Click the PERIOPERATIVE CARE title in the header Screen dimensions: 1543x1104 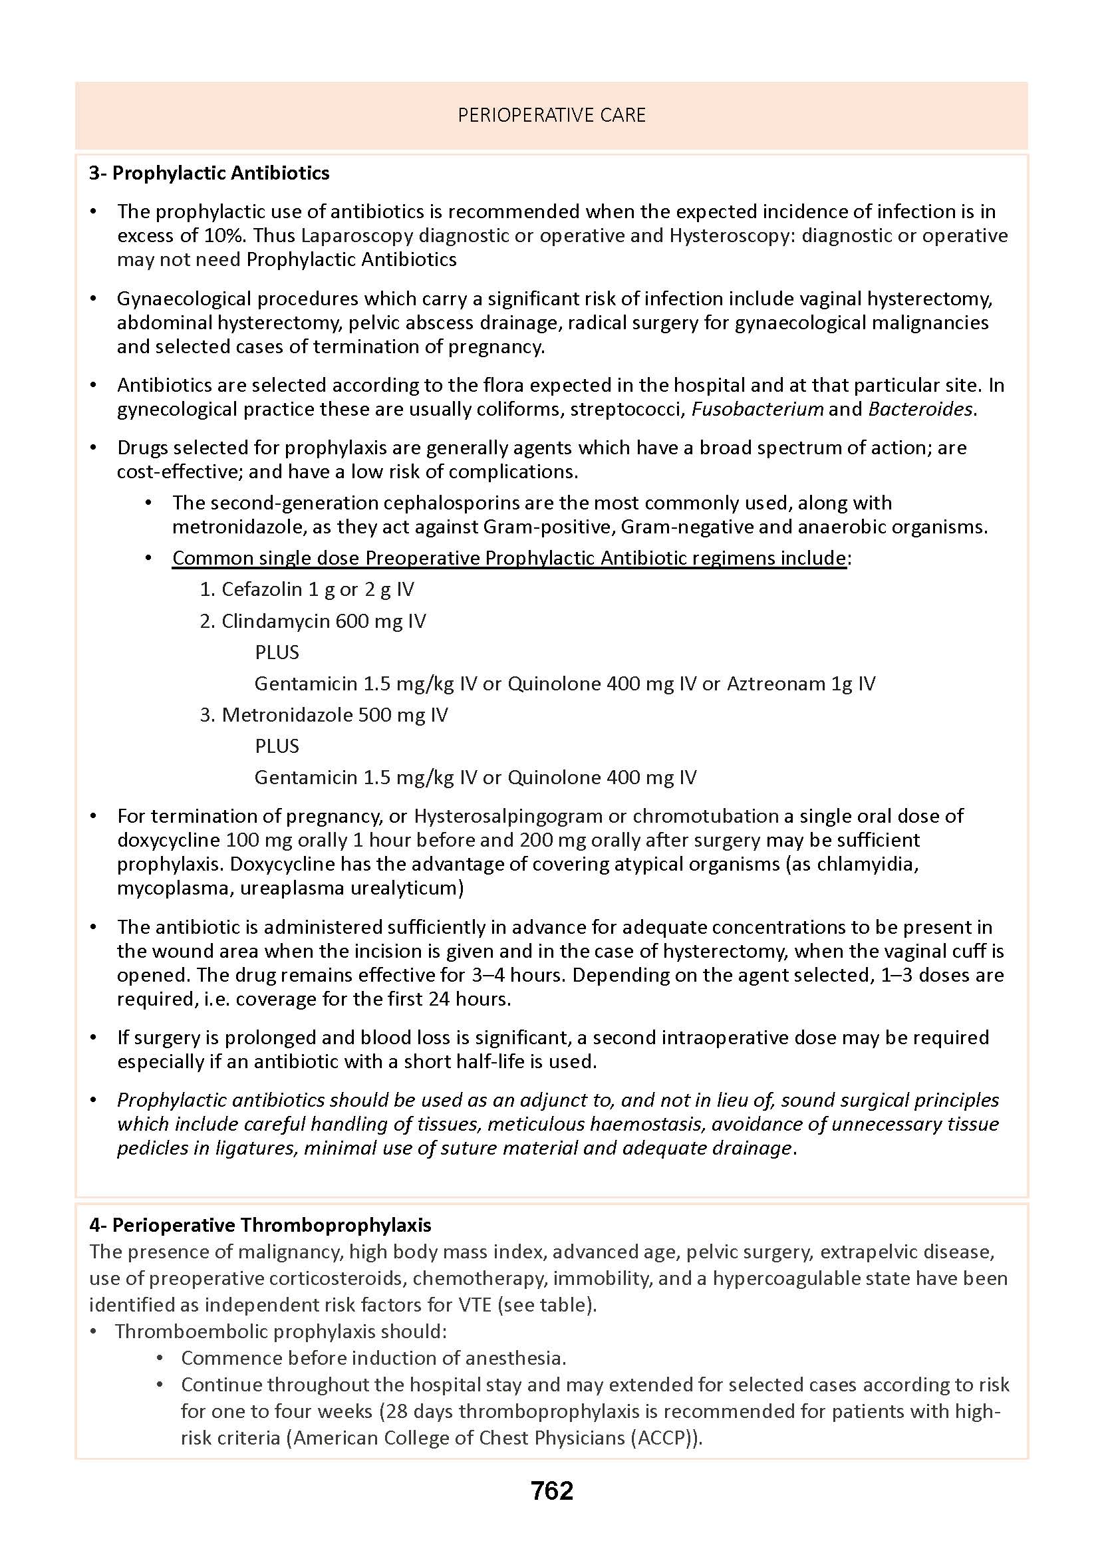(551, 116)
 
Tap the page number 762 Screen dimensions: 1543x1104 (552, 1490)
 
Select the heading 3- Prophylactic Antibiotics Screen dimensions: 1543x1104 (209, 174)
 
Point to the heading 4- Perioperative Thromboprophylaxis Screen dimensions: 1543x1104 (260, 1225)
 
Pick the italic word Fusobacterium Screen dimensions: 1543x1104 (758, 409)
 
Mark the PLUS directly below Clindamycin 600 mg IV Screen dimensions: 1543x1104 (277, 652)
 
